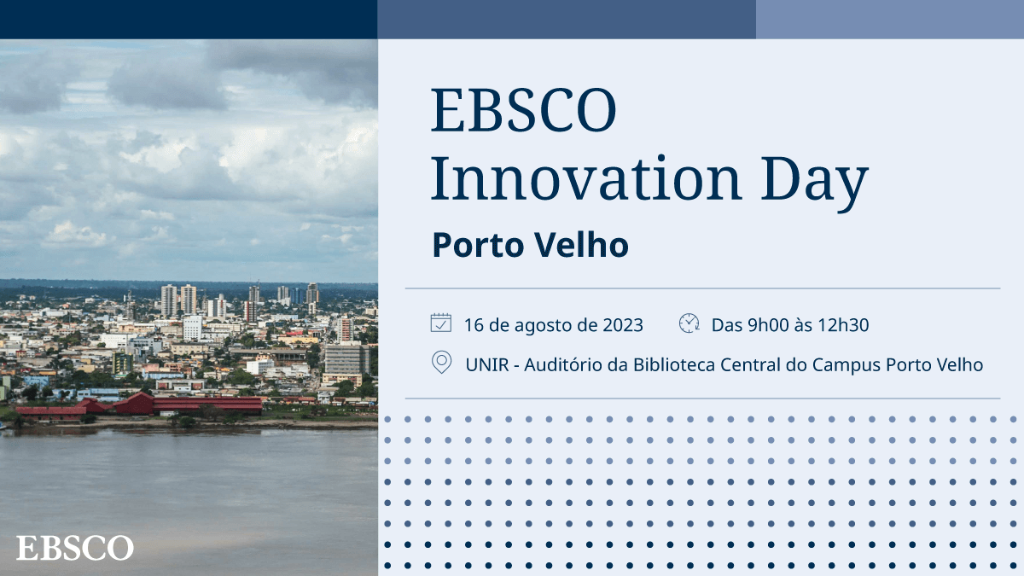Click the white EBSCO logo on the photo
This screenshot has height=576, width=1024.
tap(75, 547)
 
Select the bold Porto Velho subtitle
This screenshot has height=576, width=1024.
tap(530, 245)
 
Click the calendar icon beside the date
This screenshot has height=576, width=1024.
tap(440, 323)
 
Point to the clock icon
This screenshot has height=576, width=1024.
tap(689, 323)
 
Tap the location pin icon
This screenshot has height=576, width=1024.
tap(441, 363)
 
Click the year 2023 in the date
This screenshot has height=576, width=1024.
tap(623, 324)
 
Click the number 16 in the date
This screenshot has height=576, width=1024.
tap(474, 324)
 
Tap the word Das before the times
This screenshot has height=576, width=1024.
tap(727, 324)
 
